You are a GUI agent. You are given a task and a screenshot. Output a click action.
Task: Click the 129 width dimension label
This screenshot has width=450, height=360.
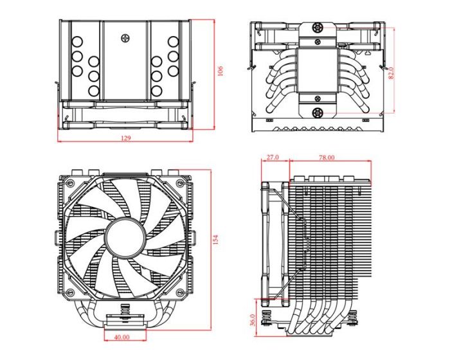click(x=125, y=139)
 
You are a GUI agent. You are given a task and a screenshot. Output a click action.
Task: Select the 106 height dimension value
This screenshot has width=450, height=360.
click(x=220, y=71)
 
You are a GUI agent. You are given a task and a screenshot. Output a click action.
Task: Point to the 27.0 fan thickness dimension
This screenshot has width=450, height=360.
click(x=271, y=157)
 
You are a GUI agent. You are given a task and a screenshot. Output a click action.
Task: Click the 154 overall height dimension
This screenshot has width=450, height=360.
click(x=216, y=240)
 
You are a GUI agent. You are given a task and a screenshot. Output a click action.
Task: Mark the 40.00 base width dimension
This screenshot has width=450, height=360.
click(x=121, y=336)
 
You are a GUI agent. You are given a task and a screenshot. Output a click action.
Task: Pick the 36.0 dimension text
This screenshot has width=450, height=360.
click(x=253, y=319)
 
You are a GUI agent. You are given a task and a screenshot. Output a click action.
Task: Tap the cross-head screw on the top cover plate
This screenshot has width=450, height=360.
click(x=125, y=38)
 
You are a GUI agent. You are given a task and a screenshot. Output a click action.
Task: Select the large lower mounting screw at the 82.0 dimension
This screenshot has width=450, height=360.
click(x=317, y=113)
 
